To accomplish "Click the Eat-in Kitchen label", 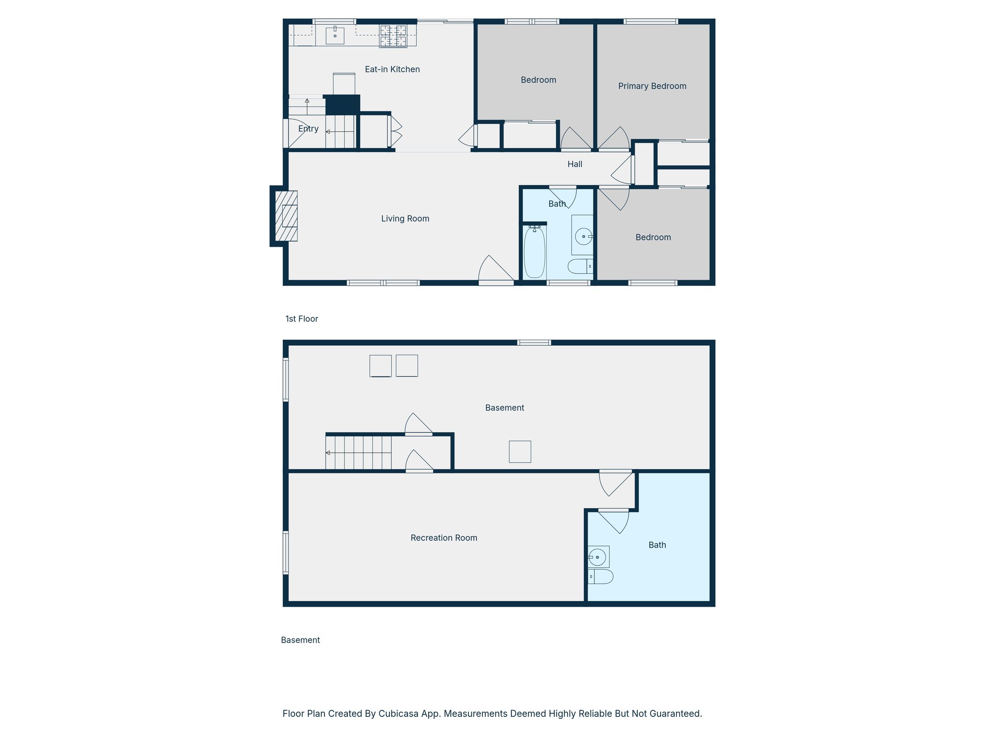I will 392,69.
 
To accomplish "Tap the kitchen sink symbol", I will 335,36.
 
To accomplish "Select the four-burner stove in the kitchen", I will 393,36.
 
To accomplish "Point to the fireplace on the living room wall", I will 286,216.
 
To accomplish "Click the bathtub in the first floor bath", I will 534,253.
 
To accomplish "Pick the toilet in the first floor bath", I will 580,266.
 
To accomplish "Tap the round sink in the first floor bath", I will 583,236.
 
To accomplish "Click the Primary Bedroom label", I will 652,86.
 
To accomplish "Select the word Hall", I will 575,164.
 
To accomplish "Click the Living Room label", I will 405,218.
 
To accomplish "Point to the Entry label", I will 308,128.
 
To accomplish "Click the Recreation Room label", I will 443,538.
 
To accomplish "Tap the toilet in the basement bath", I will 601,576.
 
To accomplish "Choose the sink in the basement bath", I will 598,557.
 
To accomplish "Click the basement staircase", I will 358,452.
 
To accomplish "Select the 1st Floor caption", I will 302,319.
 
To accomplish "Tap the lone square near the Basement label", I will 520,452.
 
